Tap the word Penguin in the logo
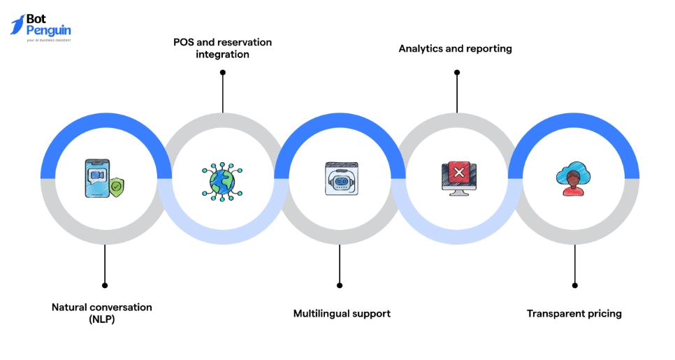48,31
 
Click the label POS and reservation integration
222,48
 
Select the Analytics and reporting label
455,49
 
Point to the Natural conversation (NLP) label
102,313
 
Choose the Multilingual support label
342,313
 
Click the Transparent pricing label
574,313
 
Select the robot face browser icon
340,179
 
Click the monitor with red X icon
458,179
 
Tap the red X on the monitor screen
458,172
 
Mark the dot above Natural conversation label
105,285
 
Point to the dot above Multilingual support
340,285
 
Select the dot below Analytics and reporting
457,72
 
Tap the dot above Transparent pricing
574,285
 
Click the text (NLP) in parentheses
102,319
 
